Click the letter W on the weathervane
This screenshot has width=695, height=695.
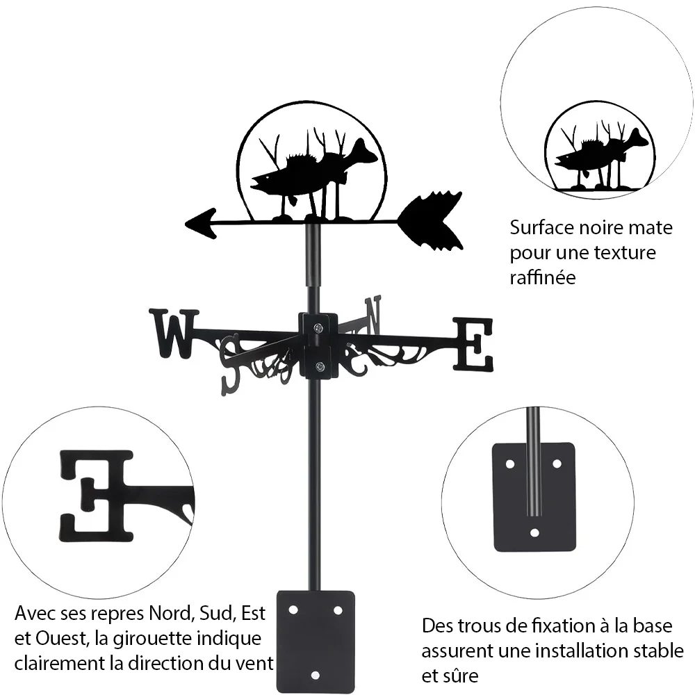point(174,334)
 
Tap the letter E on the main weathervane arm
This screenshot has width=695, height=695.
point(473,345)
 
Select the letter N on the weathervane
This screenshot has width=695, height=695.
point(373,316)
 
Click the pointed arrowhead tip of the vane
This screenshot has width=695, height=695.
point(186,223)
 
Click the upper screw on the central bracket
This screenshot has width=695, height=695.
point(318,328)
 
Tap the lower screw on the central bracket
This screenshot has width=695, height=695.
point(319,366)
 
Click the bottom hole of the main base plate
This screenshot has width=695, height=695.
point(315,676)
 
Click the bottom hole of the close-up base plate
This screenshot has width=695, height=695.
point(534,532)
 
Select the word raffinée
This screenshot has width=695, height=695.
point(543,277)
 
